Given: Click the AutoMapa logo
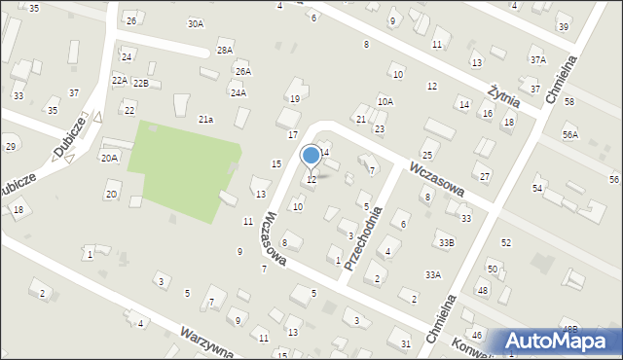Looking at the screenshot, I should pyautogui.click(x=558, y=342).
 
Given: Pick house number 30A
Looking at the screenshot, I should pyautogui.click(x=197, y=23).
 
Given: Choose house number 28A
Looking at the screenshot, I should pyautogui.click(x=225, y=51).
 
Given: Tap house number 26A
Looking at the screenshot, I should pyautogui.click(x=242, y=71).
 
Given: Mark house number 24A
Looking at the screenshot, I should pyautogui.click(x=238, y=93).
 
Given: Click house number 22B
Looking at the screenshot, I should pyautogui.click(x=141, y=84).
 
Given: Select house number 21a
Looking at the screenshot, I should pyautogui.click(x=205, y=119).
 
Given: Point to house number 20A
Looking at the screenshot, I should pyautogui.click(x=109, y=158).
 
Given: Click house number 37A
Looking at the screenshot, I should pyautogui.click(x=537, y=59).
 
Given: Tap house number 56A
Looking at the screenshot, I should pyautogui.click(x=569, y=135).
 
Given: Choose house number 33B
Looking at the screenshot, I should pyautogui.click(x=446, y=241).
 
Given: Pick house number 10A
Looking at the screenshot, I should pyautogui.click(x=385, y=101).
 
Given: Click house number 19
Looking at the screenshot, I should pyautogui.click(x=294, y=98).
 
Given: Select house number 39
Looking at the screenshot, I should pyautogui.click(x=564, y=27).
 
